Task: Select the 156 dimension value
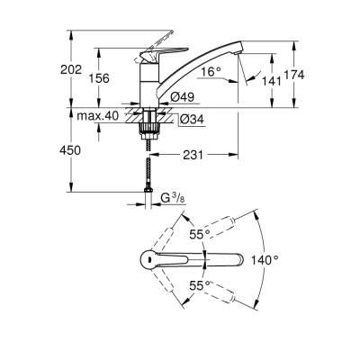99,78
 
